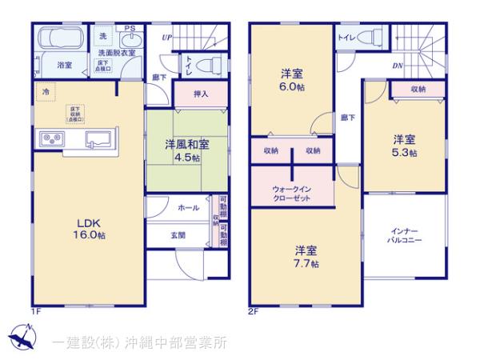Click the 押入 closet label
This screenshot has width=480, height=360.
[202, 94]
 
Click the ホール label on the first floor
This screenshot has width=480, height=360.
[188, 207]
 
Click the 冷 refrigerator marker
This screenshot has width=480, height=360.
[45, 92]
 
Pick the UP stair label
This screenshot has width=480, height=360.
[166, 36]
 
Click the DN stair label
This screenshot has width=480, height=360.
[398, 66]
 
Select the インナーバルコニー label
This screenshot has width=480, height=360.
[405, 234]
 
